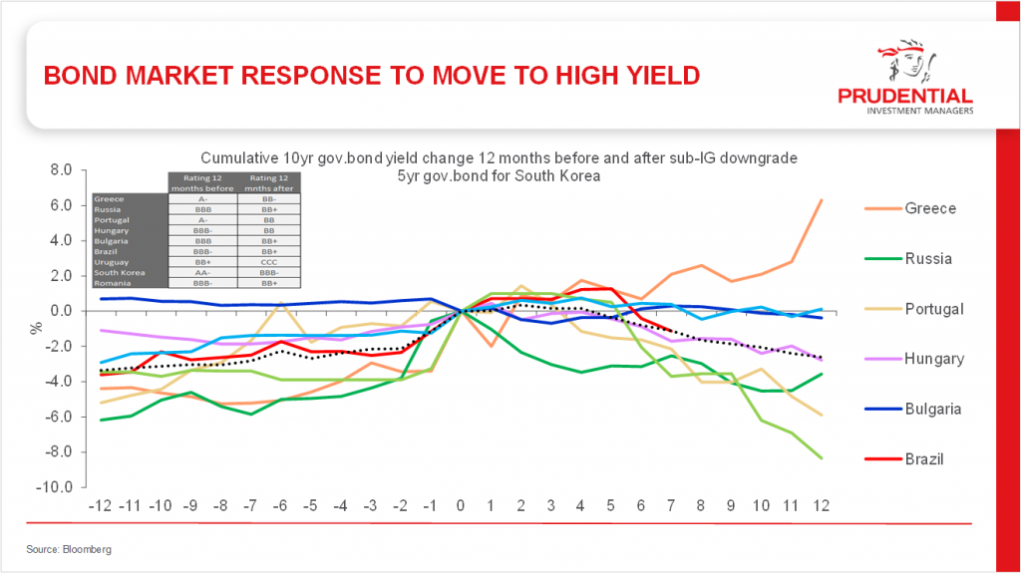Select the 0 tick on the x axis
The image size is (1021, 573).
[460, 505]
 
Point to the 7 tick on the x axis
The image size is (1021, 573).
[671, 505]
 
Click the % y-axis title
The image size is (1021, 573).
[32, 326]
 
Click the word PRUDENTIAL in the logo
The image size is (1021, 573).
[905, 97]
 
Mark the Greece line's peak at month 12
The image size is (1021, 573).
[821, 200]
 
